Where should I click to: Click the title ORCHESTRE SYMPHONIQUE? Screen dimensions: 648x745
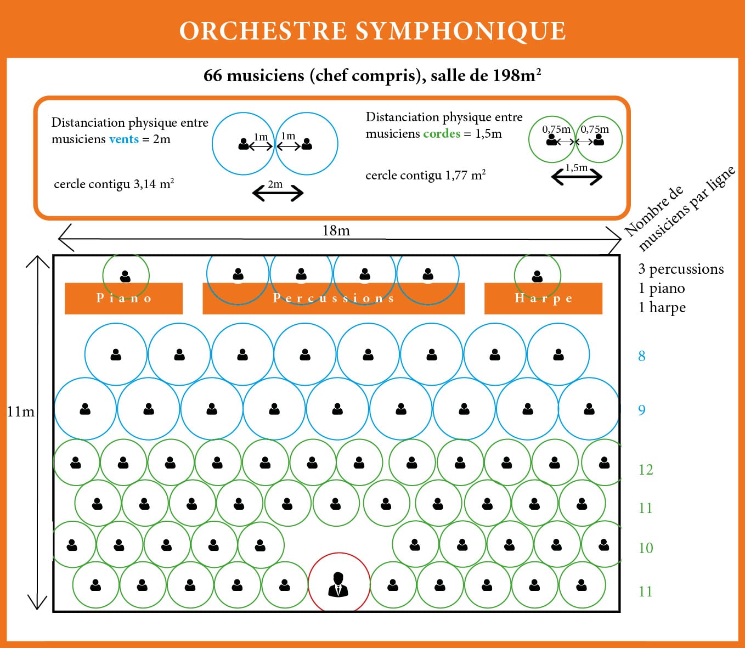[373, 31]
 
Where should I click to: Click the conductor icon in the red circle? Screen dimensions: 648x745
[338, 584]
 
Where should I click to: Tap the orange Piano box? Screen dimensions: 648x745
[123, 298]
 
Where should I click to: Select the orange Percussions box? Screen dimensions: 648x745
[334, 298]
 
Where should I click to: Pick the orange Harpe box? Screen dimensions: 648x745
[543, 298]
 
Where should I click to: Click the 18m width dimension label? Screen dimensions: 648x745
[336, 230]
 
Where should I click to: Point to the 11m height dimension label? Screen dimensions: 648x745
[21, 412]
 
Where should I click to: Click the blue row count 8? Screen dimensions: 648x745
[641, 356]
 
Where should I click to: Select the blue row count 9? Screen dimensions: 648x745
[641, 410]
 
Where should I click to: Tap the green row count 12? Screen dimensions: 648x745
[646, 470]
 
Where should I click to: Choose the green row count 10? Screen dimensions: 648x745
[646, 548]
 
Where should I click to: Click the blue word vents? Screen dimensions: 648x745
[124, 139]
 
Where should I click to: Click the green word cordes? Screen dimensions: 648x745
[441, 134]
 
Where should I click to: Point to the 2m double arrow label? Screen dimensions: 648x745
[276, 184]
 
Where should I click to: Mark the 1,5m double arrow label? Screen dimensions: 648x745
[577, 168]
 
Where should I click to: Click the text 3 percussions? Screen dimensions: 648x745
[681, 269]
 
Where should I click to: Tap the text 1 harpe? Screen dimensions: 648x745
[662, 307]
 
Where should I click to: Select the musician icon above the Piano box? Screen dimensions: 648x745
[125, 276]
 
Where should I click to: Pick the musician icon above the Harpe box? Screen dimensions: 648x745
[537, 276]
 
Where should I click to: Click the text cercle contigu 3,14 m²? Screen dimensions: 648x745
[114, 184]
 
